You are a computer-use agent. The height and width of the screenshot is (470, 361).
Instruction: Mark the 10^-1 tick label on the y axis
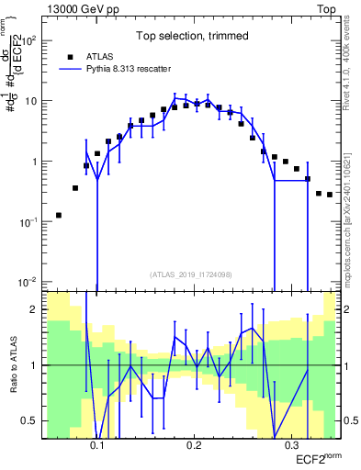click(x=30, y=221)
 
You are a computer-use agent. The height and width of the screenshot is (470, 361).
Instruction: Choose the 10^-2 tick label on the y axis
click(x=30, y=282)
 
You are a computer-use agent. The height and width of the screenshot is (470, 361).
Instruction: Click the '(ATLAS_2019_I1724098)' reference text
click(x=191, y=274)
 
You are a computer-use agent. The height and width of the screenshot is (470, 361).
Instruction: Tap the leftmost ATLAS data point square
click(x=59, y=216)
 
